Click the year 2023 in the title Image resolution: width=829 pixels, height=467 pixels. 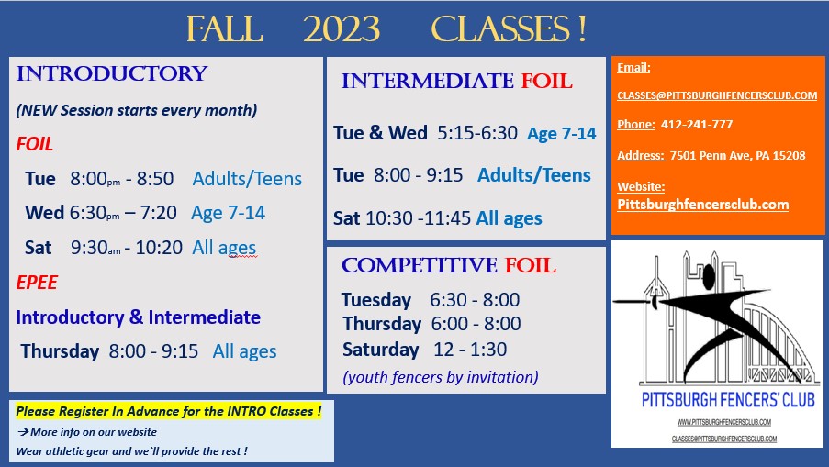click(342, 29)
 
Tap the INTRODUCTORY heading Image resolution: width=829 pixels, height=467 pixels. click(112, 73)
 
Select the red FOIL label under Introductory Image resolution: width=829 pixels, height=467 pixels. click(34, 144)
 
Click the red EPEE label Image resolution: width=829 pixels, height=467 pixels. click(37, 282)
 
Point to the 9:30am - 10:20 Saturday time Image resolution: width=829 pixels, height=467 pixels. click(127, 247)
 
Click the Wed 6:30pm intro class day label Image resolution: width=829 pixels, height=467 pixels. click(44, 212)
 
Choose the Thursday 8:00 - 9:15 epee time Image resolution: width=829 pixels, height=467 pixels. click(153, 350)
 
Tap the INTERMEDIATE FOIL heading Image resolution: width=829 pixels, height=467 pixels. click(457, 81)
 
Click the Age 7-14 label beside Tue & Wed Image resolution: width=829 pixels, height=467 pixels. click(562, 134)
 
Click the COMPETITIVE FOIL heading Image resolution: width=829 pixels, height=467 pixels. click(448, 265)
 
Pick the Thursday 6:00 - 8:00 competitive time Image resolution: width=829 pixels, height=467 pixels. click(476, 323)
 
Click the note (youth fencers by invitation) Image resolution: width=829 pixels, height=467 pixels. click(441, 377)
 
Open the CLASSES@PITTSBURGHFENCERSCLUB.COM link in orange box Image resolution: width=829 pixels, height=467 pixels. click(717, 95)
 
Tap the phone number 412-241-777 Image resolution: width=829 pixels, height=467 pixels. click(697, 124)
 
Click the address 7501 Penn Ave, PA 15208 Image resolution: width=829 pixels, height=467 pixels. click(737, 155)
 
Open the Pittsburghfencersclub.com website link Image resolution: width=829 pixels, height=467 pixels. click(703, 205)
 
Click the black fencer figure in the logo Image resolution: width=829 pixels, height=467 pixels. click(725, 317)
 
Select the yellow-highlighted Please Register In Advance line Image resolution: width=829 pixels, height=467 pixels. click(169, 411)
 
